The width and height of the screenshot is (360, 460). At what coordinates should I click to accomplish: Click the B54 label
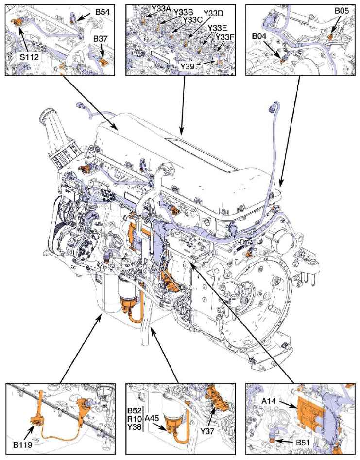[x=103, y=12]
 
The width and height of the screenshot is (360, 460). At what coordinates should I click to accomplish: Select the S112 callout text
[x=29, y=57]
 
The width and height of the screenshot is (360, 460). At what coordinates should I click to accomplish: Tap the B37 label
[x=101, y=39]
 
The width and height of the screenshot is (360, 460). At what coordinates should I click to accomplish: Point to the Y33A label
[x=161, y=9]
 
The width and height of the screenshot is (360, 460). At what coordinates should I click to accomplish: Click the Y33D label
[x=213, y=13]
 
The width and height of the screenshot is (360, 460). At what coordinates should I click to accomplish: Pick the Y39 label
[x=187, y=67]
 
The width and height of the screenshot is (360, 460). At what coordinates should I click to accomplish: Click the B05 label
[x=342, y=11]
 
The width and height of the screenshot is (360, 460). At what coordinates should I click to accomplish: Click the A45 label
[x=152, y=418]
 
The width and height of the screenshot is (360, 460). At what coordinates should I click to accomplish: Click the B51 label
[x=303, y=443]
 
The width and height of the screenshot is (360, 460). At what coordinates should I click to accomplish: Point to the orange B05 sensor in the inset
[x=330, y=37]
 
